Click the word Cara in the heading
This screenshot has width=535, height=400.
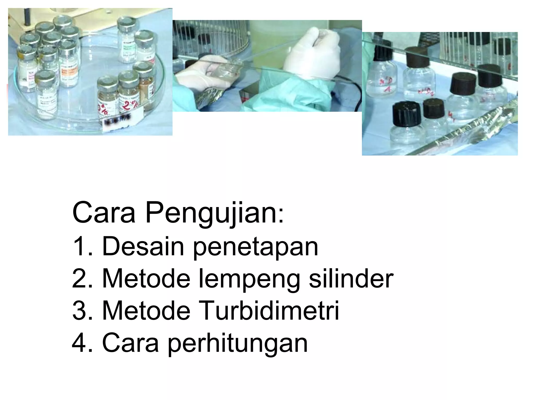pyautogui.click(x=104, y=213)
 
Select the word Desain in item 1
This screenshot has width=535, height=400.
pyautogui.click(x=143, y=246)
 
